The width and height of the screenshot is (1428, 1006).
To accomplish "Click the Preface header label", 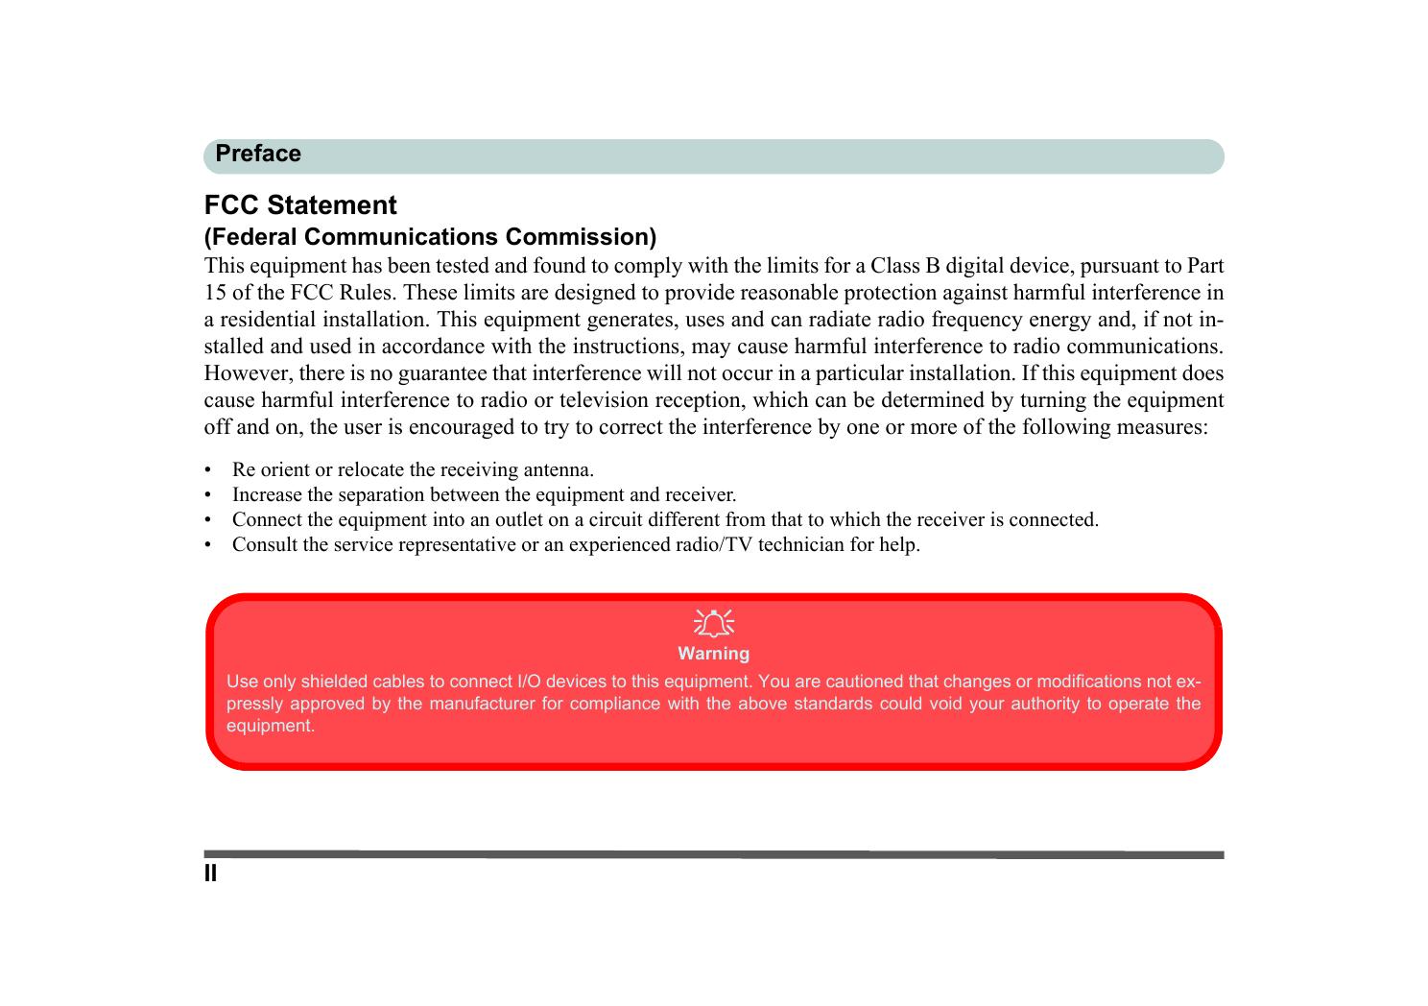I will pos(257,155).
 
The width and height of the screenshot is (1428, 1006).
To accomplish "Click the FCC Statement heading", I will pos(300,205).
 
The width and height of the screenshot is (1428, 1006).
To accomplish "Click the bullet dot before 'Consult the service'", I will pos(207,545).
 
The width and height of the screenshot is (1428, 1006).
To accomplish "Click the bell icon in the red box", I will pos(713,624).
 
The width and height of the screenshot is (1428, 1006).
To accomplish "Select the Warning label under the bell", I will pos(713,654).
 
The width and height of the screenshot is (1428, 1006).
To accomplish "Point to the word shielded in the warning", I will pos(334,683).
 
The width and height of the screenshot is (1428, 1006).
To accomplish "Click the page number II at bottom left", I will pos(211,874).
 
